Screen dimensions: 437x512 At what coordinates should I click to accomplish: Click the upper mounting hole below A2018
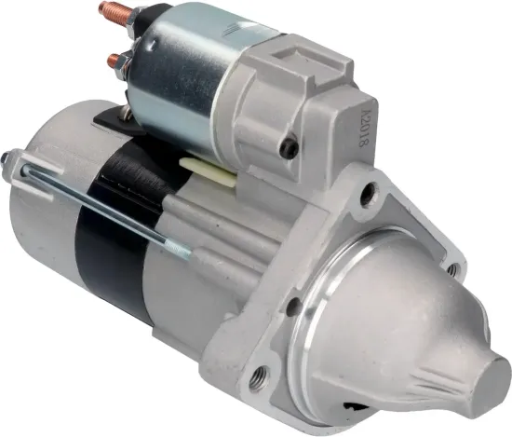pos(369,194)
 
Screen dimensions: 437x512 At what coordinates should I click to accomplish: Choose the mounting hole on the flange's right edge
pos(451,268)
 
